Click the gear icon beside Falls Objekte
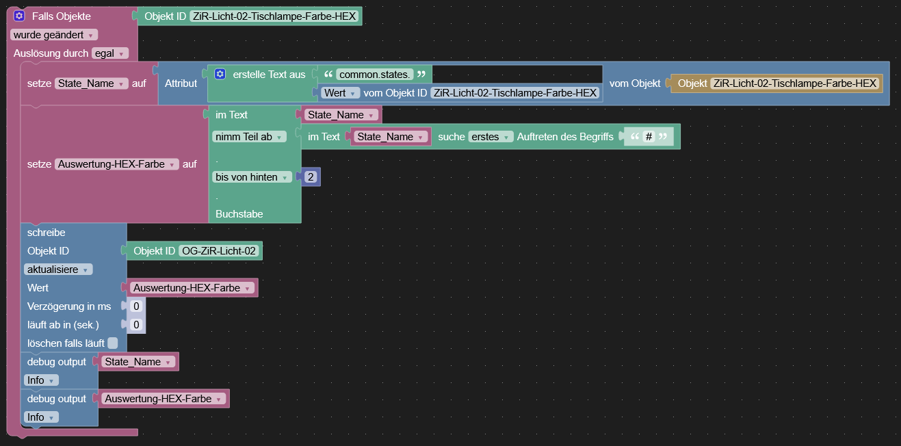[x=19, y=16]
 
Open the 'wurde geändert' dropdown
[x=53, y=35]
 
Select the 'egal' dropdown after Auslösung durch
[x=109, y=53]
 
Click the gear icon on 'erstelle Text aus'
[x=220, y=74]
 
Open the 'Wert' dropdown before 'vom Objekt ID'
[x=340, y=93]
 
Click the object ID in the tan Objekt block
[x=794, y=83]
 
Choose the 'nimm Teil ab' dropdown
[x=248, y=137]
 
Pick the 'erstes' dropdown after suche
[x=490, y=137]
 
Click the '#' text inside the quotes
[x=649, y=137]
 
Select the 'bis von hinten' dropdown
[x=251, y=177]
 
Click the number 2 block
[x=311, y=177]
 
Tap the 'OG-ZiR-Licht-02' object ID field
[x=218, y=251]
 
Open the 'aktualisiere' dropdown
[x=58, y=270]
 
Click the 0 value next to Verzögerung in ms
[x=136, y=306]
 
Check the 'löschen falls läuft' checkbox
[x=113, y=343]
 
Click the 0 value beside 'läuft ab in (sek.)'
[x=136, y=325]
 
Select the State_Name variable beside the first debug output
[x=136, y=362]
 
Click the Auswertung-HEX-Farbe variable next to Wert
[x=190, y=288]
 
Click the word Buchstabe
[x=239, y=214]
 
